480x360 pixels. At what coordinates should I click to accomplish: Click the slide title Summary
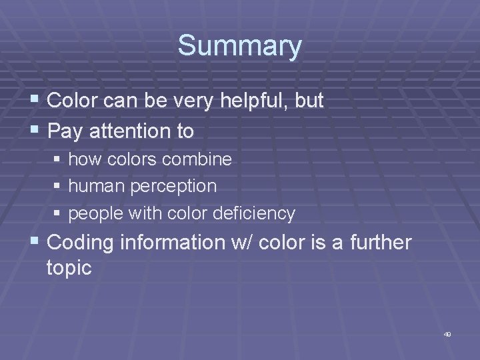[239, 46]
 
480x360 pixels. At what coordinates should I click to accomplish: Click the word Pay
[64, 131]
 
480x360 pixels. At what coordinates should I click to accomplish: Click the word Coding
[80, 243]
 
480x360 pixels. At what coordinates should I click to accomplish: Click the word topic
[69, 268]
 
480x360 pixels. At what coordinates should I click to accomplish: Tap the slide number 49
[447, 334]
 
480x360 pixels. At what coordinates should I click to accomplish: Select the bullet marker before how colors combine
[57, 160]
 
